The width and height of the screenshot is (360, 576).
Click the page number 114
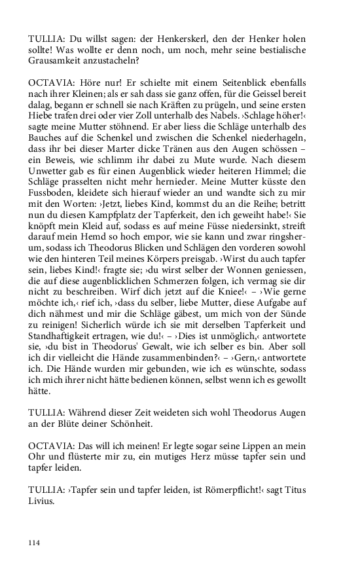(35, 542)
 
